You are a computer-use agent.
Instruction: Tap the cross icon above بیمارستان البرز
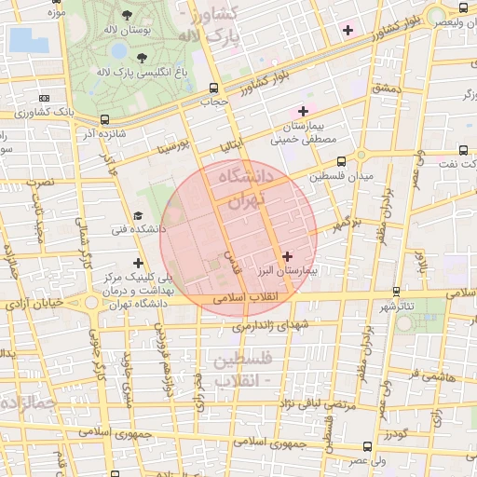pyautogui.click(x=286, y=255)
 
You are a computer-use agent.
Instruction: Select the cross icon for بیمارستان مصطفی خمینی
pyautogui.click(x=303, y=111)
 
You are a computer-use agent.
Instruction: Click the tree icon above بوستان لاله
pyautogui.click(x=127, y=17)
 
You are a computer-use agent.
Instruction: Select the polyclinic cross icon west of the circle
pyautogui.click(x=139, y=264)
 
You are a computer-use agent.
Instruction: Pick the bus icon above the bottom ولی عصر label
pyautogui.click(x=366, y=447)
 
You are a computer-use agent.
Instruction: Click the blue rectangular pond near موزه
pyautogui.click(x=27, y=40)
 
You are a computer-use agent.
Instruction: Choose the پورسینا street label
pyautogui.click(x=173, y=145)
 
